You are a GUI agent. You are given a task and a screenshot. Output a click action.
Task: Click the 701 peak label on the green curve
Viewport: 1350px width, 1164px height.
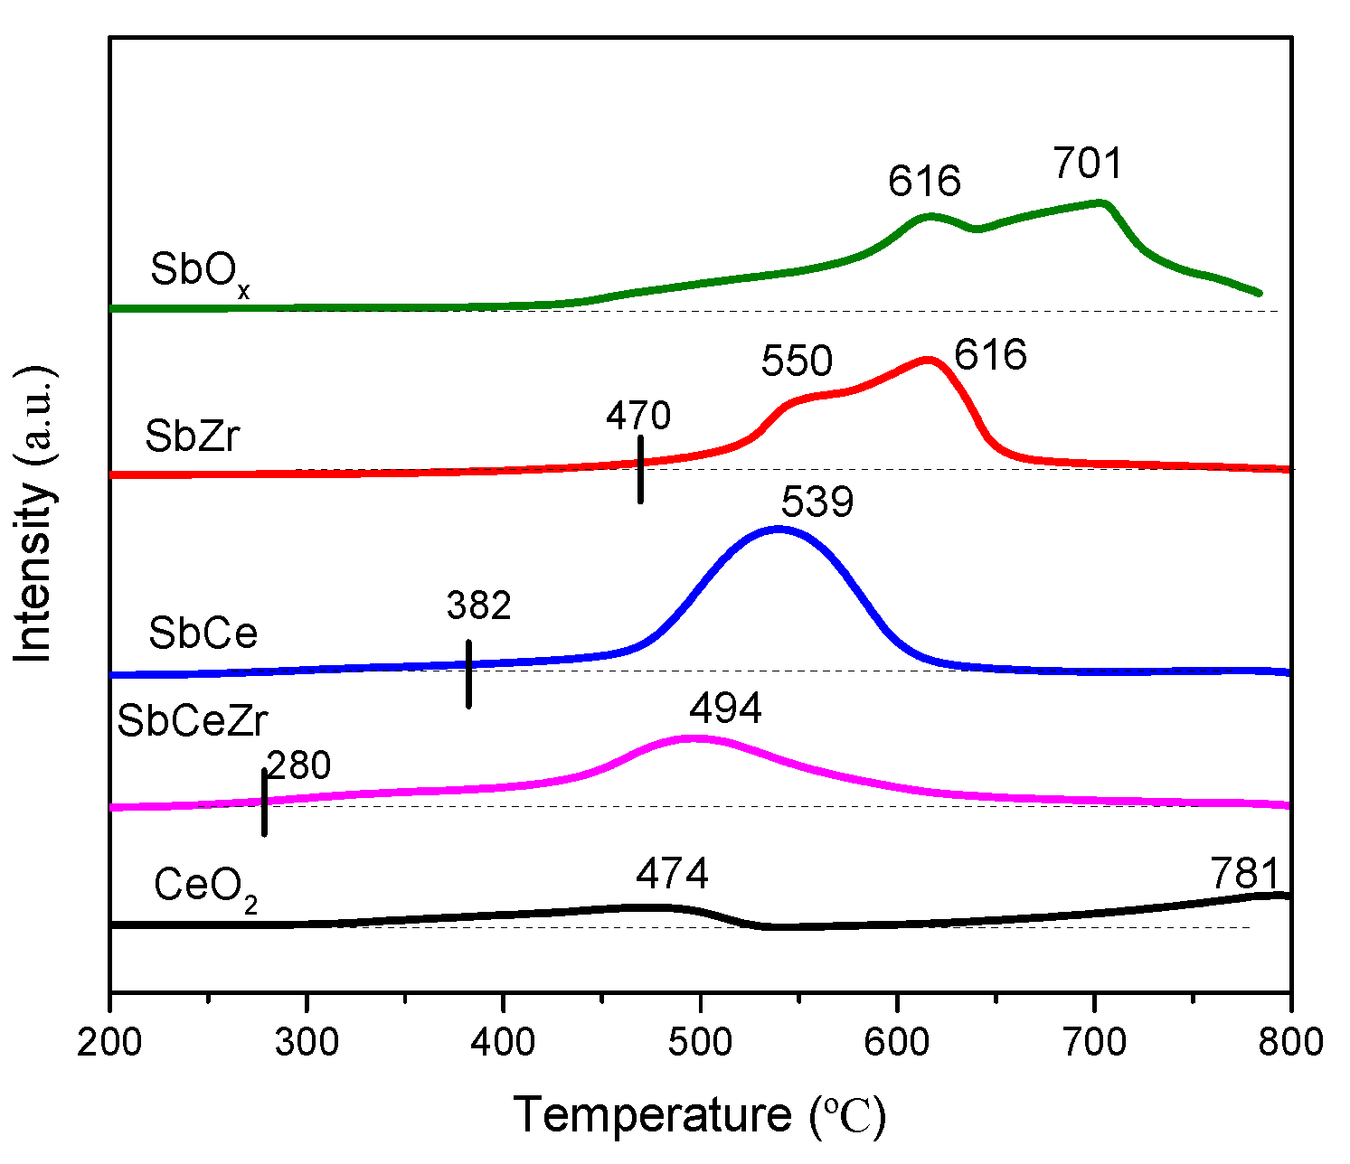[1087, 164]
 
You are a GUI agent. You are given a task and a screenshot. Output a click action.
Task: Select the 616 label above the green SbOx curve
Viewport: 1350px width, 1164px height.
[923, 182]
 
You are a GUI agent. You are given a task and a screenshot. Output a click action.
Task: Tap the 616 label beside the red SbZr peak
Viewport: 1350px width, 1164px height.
[991, 355]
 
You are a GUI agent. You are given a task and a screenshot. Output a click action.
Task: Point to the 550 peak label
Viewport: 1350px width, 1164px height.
[796, 361]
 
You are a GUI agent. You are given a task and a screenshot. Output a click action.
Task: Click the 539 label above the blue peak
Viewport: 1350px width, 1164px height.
[817, 502]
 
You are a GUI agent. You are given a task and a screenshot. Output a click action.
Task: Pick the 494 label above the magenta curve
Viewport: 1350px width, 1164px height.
[725, 709]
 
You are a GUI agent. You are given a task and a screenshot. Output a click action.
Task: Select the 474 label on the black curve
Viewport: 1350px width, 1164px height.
[672, 874]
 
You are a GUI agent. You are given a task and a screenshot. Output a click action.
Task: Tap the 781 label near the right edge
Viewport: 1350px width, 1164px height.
[1245, 875]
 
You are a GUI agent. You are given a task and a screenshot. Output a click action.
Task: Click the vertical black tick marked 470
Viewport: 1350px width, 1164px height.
[640, 469]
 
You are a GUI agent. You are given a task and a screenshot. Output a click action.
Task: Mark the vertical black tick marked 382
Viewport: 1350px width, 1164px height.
[468, 673]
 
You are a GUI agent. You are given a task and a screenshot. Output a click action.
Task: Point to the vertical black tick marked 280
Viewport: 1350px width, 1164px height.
[264, 802]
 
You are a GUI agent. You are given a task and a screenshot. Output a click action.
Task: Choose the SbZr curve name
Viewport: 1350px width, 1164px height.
[193, 437]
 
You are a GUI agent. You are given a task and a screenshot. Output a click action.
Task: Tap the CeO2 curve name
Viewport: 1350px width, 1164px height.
[206, 887]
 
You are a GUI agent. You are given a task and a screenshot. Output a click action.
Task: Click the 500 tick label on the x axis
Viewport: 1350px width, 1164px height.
[699, 1042]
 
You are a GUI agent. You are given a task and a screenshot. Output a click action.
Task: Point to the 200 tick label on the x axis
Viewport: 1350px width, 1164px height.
[110, 1042]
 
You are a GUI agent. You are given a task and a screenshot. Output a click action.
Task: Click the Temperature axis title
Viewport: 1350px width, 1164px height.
[700, 1115]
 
